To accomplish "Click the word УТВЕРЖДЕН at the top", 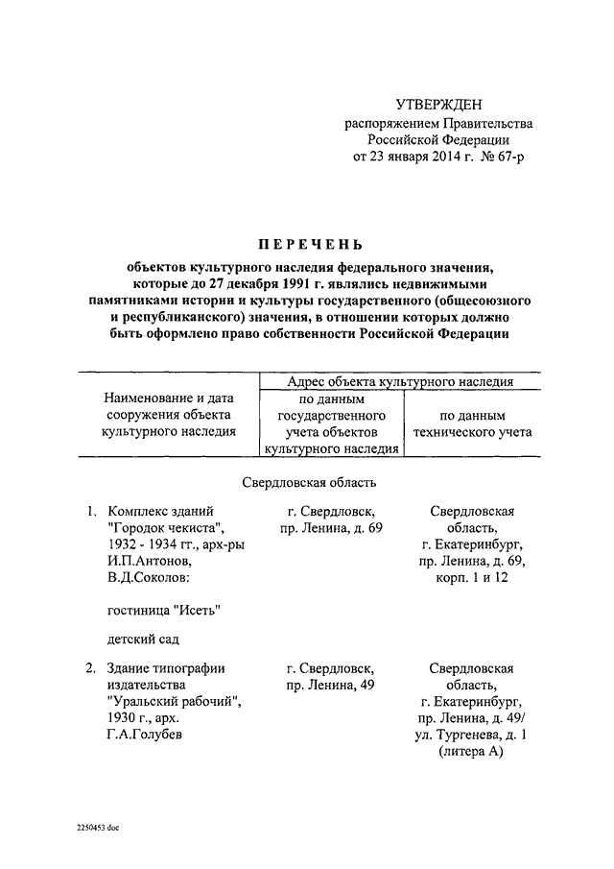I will click(439, 104).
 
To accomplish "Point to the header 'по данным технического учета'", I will click(471, 424).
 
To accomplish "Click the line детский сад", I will click(143, 639).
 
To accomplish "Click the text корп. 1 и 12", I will click(470, 578).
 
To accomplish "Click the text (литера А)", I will click(470, 752).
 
